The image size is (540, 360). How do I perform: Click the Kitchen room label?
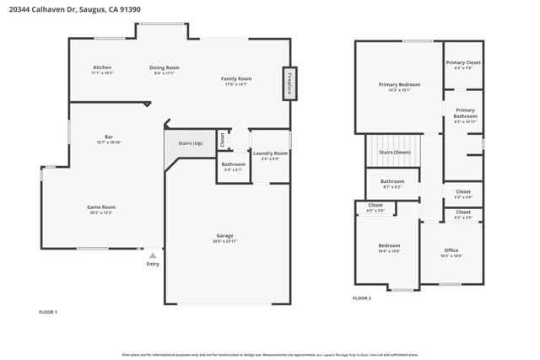point(102,67)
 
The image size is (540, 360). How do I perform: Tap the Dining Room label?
point(165,67)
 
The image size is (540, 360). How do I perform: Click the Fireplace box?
point(289,83)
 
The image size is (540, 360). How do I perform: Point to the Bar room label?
point(109,137)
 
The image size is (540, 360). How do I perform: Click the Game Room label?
point(100,207)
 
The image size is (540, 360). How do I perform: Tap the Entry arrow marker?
point(153,255)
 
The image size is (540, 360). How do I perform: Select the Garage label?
point(224,235)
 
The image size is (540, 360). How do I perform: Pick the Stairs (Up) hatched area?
point(190,143)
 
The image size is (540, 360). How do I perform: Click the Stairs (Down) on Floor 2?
point(394,152)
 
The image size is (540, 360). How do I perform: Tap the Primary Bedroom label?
point(399,84)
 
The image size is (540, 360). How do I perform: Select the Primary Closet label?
point(463,62)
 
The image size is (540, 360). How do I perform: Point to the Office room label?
point(451,250)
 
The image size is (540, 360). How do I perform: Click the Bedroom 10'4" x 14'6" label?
point(389,246)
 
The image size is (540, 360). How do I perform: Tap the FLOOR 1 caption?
point(48,312)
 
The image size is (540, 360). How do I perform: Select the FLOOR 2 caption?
point(361,298)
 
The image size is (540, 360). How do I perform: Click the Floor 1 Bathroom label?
point(234,164)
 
